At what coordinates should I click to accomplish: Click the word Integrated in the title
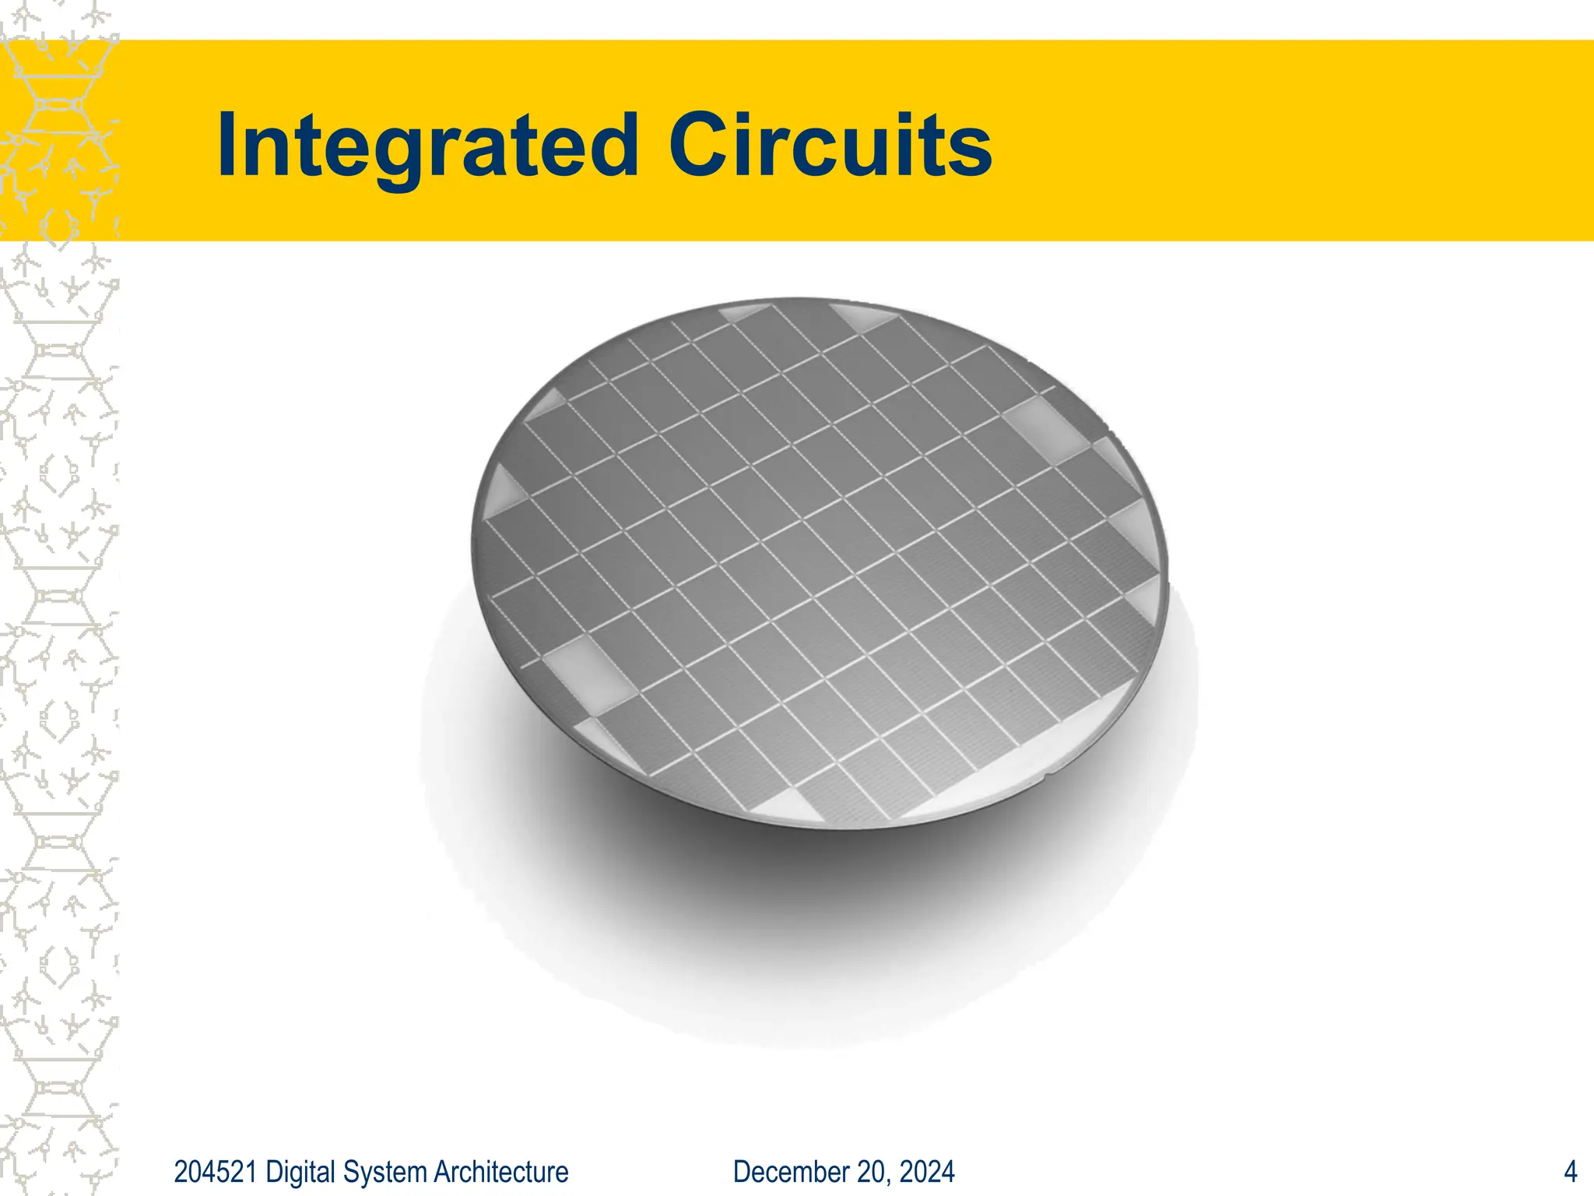coord(427,146)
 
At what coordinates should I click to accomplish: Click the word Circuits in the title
coord(830,146)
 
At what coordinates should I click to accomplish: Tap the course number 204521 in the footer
coord(215,1172)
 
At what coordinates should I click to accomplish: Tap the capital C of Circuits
coord(698,146)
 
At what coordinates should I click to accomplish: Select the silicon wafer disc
coord(817,561)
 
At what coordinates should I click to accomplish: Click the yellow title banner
coord(1245,140)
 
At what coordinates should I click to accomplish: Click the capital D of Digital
coord(273,1172)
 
